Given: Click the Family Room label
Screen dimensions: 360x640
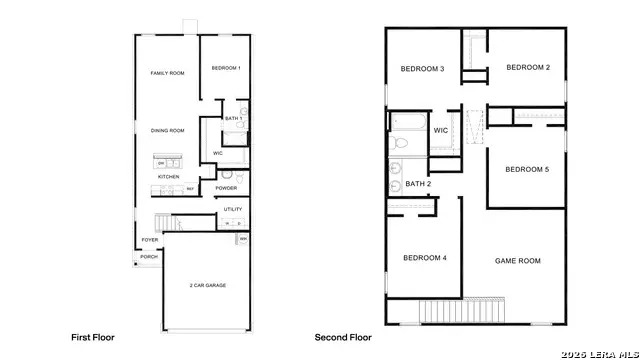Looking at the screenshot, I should pos(167,73).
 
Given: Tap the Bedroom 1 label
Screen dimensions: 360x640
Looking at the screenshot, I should pos(225,68).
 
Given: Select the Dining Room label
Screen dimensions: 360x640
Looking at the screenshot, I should pos(167,130).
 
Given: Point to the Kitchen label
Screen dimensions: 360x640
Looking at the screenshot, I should pos(168,177).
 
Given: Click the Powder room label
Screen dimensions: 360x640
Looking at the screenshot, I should pos(226,188).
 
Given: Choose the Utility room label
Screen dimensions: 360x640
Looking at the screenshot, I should pos(232,209).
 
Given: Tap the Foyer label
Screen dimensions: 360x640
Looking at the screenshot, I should pos(149,240).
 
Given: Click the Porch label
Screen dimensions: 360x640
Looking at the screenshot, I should pos(148,257).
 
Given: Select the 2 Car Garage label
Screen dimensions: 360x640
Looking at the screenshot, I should pos(207,286).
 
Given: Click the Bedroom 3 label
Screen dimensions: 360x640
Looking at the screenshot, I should pos(422,69).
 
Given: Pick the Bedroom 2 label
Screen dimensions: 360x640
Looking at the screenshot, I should pos(527,67).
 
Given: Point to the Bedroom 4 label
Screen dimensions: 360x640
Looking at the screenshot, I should pos(424,258).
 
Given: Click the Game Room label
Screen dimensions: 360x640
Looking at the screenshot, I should pos(517,260).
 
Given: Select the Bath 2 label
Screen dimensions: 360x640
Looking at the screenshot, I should pos(418,184).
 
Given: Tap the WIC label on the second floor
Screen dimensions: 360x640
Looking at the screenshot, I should pos(440,130).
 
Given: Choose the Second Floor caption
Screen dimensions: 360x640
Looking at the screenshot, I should pos(343,338).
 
